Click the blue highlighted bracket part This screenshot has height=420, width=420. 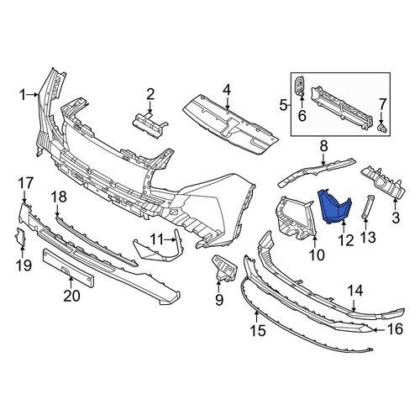click(x=333, y=207)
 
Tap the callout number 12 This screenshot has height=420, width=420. click(x=346, y=240)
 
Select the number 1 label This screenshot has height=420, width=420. click(x=23, y=95)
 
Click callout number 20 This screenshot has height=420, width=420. click(x=71, y=296)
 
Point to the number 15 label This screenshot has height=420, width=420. click(x=258, y=331)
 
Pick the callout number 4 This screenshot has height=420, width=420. click(x=227, y=90)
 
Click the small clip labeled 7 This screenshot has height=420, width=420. click(x=381, y=128)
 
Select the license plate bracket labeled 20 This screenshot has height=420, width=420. click(x=68, y=268)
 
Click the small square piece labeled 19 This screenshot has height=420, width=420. click(x=20, y=238)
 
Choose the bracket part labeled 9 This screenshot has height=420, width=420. click(x=224, y=268)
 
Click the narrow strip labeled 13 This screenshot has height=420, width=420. click(x=367, y=206)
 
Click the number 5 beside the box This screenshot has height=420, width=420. click(x=283, y=106)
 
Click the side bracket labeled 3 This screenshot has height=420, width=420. click(x=384, y=182)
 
